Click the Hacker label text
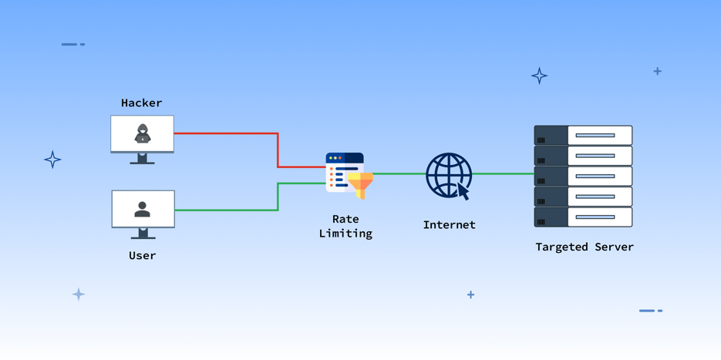(x=142, y=103)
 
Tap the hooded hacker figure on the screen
(x=143, y=134)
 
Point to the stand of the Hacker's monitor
(x=142, y=159)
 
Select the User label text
(x=142, y=255)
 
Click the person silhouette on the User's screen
(x=143, y=209)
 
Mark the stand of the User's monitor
(x=143, y=234)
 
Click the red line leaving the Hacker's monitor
(x=224, y=133)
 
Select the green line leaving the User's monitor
(x=224, y=210)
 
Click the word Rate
(x=345, y=219)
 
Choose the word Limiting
(x=345, y=233)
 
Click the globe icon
(x=447, y=174)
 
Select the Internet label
(x=449, y=225)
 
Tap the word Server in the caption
(x=615, y=247)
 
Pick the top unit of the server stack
(x=583, y=136)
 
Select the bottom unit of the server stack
(x=583, y=217)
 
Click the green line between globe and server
(x=503, y=173)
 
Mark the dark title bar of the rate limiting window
(x=345, y=158)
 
